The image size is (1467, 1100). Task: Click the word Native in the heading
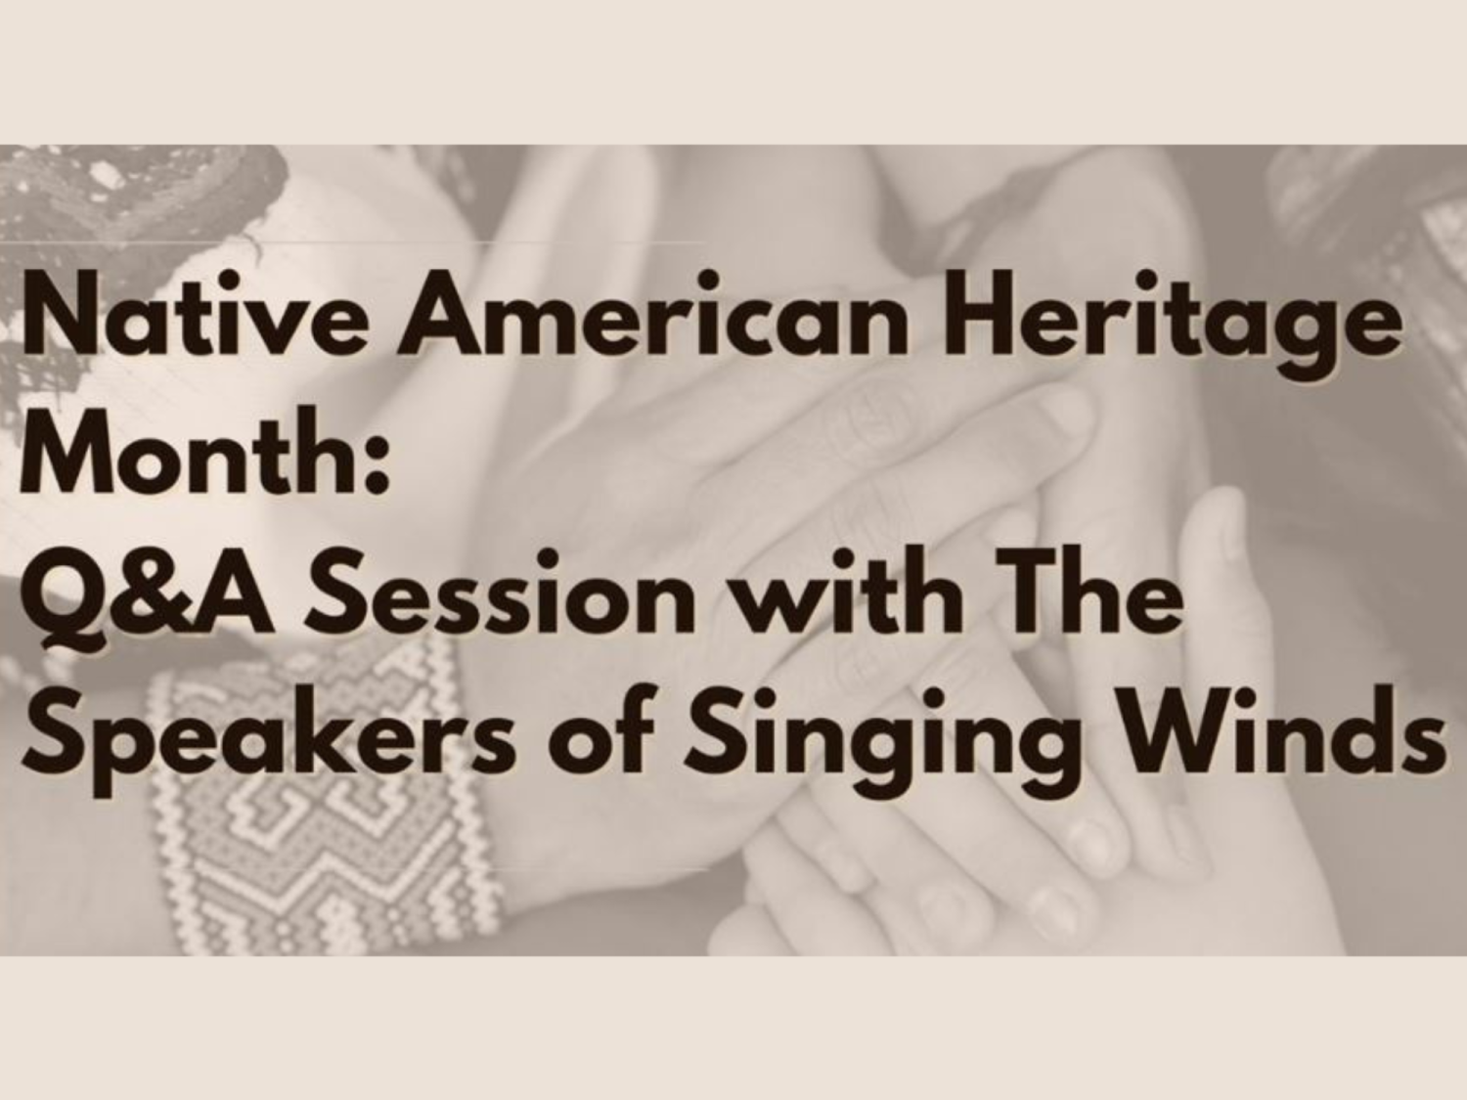click(x=193, y=313)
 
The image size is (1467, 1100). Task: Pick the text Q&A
click(x=148, y=594)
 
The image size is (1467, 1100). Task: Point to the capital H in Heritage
click(x=979, y=313)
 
